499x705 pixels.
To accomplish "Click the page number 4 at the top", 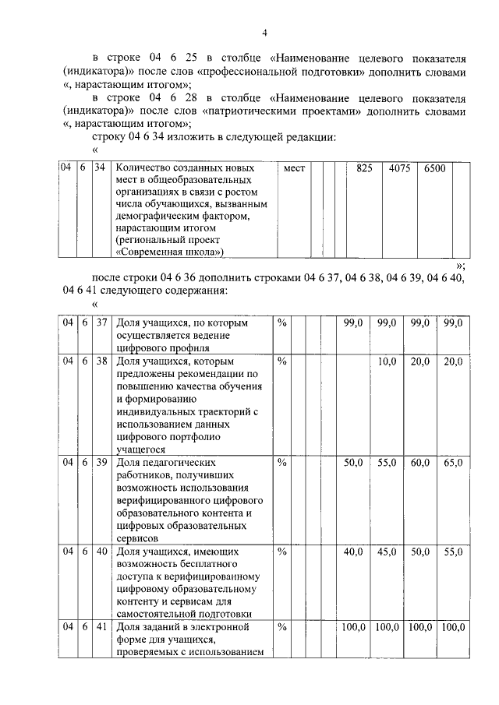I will [264, 32].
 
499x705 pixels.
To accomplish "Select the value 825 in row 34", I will [364, 168].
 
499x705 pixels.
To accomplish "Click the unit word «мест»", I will [295, 168].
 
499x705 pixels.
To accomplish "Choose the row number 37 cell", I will [100, 323].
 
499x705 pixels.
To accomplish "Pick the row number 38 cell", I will [100, 361].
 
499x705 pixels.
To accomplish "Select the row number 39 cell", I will [100, 463].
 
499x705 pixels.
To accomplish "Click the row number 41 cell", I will [100, 626].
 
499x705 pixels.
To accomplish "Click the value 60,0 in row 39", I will [420, 463].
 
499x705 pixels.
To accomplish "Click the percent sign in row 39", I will [282, 463].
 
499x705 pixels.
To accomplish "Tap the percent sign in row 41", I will [282, 626].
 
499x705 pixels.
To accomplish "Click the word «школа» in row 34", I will [200, 252].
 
